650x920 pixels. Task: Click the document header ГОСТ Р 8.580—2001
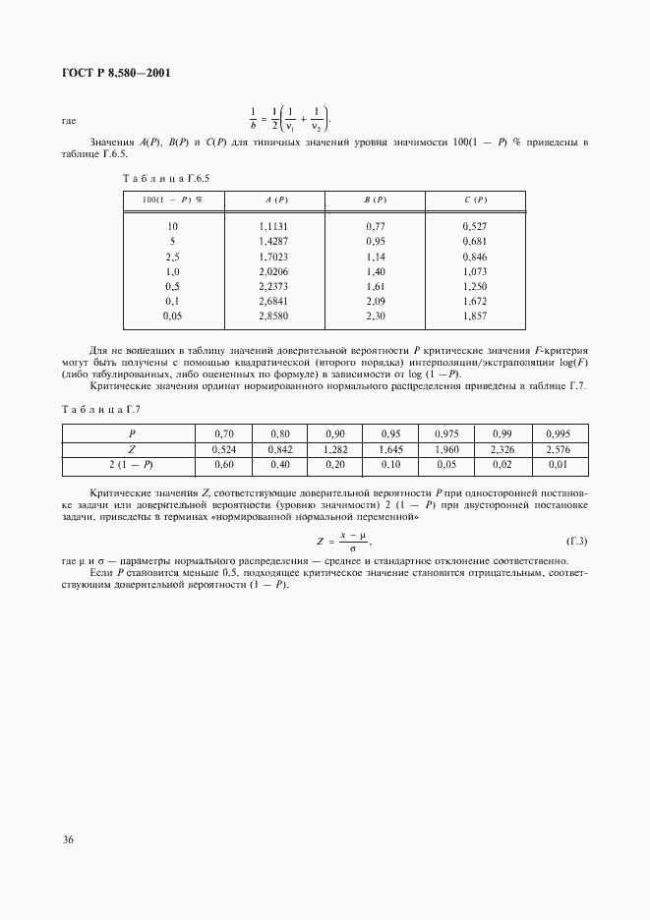tap(109, 73)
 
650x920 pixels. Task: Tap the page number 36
tap(68, 840)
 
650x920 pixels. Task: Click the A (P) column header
tap(275, 200)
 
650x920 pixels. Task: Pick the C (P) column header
tap(475, 200)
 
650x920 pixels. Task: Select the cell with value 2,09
tap(375, 300)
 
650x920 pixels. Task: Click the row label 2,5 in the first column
tap(172, 256)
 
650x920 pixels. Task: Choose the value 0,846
tap(475, 256)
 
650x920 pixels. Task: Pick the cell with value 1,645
tap(392, 448)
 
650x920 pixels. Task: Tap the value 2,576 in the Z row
tap(560, 448)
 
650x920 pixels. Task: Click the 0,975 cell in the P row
tap(447, 432)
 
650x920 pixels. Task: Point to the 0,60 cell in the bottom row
tap(224, 464)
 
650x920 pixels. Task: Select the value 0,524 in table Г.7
tap(224, 448)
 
